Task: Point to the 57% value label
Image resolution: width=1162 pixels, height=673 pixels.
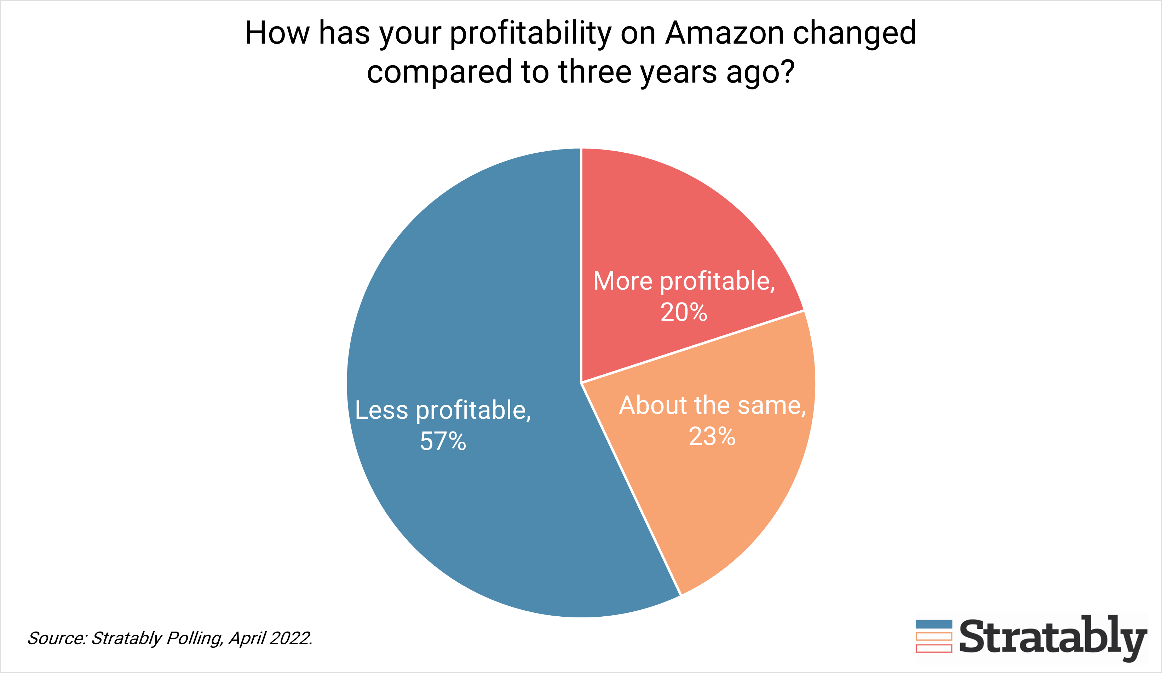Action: tap(443, 441)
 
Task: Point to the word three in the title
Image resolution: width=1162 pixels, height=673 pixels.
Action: tap(594, 72)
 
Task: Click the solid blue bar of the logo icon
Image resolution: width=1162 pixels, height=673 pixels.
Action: tap(934, 624)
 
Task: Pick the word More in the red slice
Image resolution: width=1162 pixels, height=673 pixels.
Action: tap(622, 281)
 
